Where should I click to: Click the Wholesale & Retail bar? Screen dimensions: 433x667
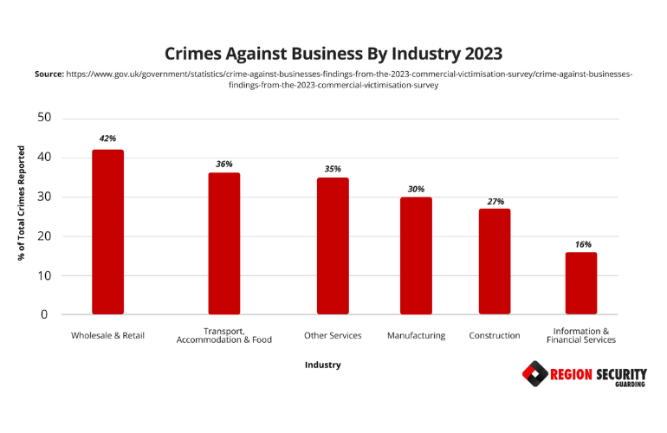(x=107, y=232)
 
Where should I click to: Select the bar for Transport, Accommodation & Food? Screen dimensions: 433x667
(x=223, y=243)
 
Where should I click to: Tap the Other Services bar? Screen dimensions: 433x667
(x=333, y=246)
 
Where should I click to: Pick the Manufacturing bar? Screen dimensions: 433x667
(x=416, y=255)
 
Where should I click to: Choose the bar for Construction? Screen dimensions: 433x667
(x=494, y=262)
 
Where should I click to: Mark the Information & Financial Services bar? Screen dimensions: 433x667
(x=581, y=283)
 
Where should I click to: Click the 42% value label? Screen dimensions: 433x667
(x=107, y=138)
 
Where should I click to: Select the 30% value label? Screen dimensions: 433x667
(x=416, y=188)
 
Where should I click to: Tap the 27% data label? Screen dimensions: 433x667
(x=494, y=201)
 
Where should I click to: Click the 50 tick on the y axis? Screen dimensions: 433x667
(x=44, y=118)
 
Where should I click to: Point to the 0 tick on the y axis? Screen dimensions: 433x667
(x=44, y=315)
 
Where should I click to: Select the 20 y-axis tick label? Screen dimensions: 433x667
(x=44, y=236)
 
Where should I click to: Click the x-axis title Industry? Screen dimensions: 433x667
(x=322, y=365)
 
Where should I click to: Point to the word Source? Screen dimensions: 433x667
(x=49, y=74)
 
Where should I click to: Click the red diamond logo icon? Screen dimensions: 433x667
(x=534, y=375)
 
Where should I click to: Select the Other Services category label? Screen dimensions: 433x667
(x=333, y=335)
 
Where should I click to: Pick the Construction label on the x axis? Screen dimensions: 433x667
(x=494, y=335)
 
